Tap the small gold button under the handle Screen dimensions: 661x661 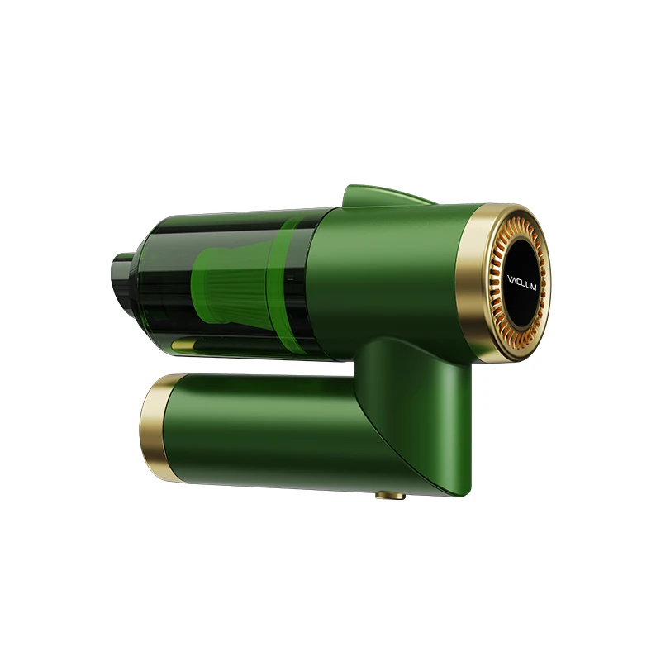pyautogui.click(x=388, y=497)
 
